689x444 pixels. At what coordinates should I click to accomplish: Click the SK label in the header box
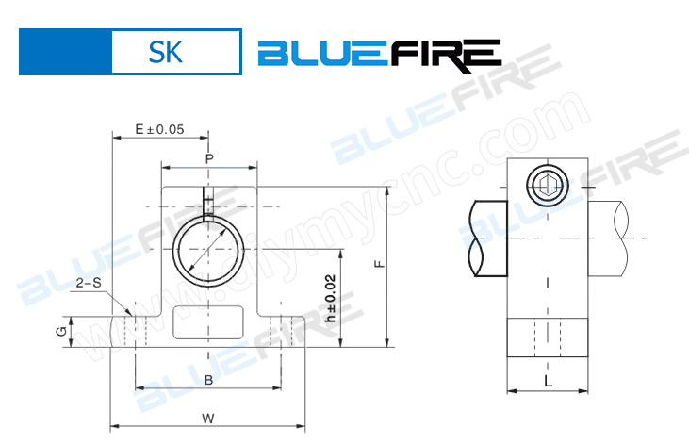(x=165, y=52)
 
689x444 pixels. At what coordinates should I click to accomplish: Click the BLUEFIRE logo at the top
(x=379, y=54)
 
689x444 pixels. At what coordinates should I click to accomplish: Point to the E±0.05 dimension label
(x=158, y=129)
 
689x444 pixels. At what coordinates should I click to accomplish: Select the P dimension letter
(x=209, y=158)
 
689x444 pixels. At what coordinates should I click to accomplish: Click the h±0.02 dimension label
(x=330, y=300)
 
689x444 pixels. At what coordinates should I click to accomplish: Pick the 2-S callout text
(x=90, y=282)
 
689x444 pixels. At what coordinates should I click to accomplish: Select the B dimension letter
(x=208, y=379)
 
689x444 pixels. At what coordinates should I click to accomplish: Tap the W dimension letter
(x=208, y=418)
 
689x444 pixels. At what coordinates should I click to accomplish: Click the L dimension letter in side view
(x=548, y=380)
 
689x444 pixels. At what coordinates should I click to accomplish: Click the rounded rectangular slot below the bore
(x=208, y=322)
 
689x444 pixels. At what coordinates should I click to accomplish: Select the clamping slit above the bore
(x=208, y=202)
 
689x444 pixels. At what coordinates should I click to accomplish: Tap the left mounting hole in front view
(x=137, y=325)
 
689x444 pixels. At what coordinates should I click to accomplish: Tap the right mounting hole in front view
(x=280, y=325)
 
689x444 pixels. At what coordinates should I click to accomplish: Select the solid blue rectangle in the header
(x=65, y=52)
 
